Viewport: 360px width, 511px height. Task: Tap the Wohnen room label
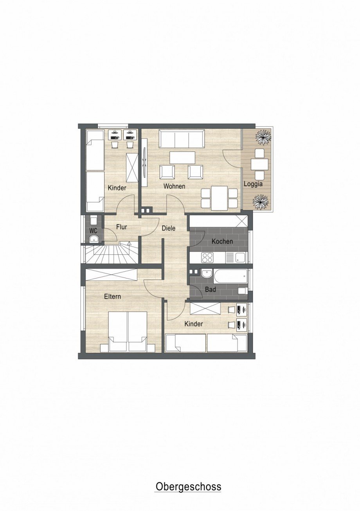click(x=174, y=186)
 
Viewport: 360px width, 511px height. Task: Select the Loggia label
click(x=253, y=184)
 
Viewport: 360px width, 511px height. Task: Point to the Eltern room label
click(x=112, y=297)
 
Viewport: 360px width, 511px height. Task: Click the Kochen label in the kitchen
click(x=222, y=241)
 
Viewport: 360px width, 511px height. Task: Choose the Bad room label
click(x=211, y=290)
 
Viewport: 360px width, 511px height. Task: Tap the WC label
click(x=93, y=231)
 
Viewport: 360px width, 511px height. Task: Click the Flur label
click(x=121, y=227)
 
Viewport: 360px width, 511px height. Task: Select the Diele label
click(x=169, y=228)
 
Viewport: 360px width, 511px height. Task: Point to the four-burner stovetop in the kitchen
click(x=207, y=258)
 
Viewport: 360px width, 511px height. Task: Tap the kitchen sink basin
click(x=240, y=258)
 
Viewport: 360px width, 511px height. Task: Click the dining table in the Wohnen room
click(x=220, y=198)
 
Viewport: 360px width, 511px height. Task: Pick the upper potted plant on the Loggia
click(x=264, y=137)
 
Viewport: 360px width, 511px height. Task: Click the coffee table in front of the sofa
click(x=182, y=157)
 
